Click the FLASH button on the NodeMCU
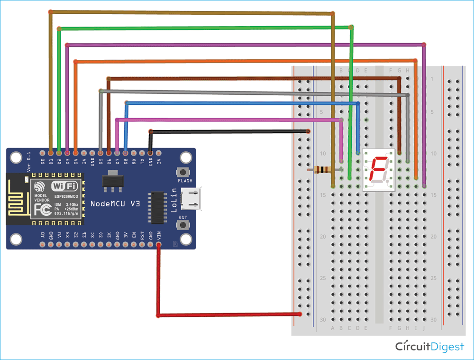click(182, 173)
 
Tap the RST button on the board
click(182, 225)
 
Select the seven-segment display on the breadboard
click(378, 169)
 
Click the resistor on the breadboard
click(324, 169)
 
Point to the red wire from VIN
click(158, 285)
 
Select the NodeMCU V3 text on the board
click(115, 203)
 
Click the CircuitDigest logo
click(430, 347)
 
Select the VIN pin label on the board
click(158, 235)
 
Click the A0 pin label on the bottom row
click(43, 235)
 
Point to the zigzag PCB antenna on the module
click(17, 198)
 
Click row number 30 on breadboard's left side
click(322, 320)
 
